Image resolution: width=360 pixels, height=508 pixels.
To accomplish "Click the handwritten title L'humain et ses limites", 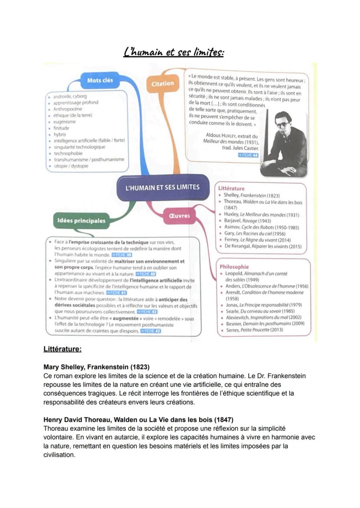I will [174, 53].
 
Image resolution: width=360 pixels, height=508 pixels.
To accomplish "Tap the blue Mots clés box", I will [100, 80].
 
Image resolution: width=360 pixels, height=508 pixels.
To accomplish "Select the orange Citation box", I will [163, 83].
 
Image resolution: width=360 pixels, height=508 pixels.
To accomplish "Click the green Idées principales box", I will [81, 221].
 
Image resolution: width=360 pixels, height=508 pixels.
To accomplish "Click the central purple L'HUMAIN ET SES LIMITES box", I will [162, 187].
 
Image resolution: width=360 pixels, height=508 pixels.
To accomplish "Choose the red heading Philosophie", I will [234, 267].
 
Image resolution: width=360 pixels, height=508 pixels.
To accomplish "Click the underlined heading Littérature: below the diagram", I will [63, 349].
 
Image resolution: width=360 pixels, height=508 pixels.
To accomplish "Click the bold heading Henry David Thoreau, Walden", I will [138, 420].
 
